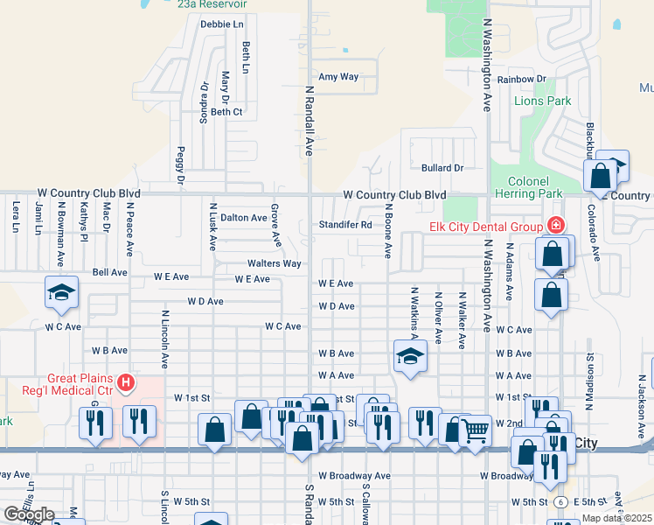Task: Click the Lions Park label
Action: tap(542, 101)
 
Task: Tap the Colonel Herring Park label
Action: tap(528, 187)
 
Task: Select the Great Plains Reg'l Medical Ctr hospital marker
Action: tap(127, 383)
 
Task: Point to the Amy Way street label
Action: tap(338, 77)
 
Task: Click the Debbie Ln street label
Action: tap(221, 24)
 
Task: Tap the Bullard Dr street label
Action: tap(441, 167)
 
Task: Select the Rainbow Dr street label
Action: tap(521, 79)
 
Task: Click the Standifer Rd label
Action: tap(345, 224)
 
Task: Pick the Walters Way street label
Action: tap(274, 263)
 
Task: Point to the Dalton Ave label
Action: tap(243, 217)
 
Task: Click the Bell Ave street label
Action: tap(109, 273)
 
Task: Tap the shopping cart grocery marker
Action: tap(475, 430)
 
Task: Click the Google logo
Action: tap(29, 514)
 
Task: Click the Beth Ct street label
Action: tap(226, 112)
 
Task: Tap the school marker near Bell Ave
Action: tap(62, 293)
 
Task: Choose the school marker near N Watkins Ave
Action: tap(409, 356)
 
